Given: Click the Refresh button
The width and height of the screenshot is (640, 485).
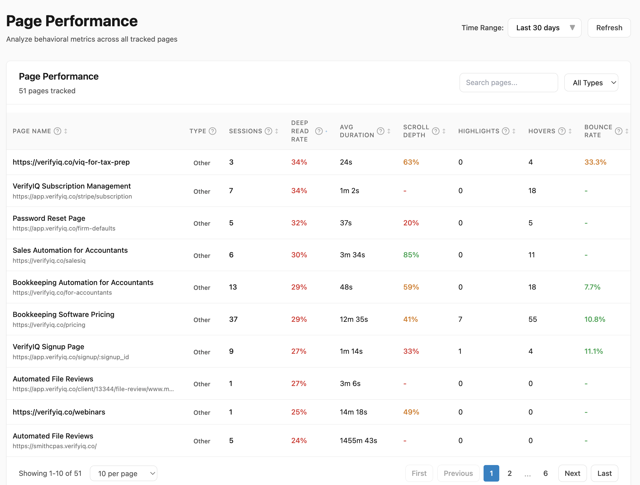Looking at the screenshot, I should click(x=609, y=28).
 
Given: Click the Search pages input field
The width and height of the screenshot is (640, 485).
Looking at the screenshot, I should click(x=508, y=83).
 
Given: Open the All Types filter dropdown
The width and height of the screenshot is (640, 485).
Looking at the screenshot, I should click(x=591, y=83).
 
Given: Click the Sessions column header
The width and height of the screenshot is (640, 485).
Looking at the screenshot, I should click(x=245, y=131).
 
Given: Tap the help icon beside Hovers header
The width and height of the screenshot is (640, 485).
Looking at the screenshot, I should click(x=561, y=131).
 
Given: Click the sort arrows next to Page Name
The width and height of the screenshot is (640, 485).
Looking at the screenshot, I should click(x=66, y=131).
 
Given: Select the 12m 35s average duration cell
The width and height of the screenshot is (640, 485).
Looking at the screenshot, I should click(x=354, y=319).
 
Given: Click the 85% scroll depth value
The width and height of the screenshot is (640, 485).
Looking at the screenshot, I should click(x=411, y=255).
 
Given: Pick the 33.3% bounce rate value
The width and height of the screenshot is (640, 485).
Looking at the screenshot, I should click(x=595, y=162).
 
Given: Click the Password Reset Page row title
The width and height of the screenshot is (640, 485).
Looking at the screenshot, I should click(x=49, y=218).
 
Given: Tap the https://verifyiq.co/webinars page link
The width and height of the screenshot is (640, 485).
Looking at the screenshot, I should click(x=59, y=412).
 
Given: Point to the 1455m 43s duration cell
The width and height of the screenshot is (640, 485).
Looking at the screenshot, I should click(x=358, y=440).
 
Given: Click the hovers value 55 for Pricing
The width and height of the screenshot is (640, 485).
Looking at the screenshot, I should click(x=532, y=319).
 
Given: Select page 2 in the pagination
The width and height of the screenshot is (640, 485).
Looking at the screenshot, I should click(x=510, y=473).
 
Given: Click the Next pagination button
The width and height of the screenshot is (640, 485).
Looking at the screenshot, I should click(x=572, y=473).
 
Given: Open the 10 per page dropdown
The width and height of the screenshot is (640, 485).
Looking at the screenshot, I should click(x=124, y=473).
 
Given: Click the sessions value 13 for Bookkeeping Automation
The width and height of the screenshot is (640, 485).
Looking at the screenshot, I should click(x=233, y=287).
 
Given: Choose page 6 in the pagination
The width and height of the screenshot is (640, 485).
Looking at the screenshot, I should click(x=546, y=473).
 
